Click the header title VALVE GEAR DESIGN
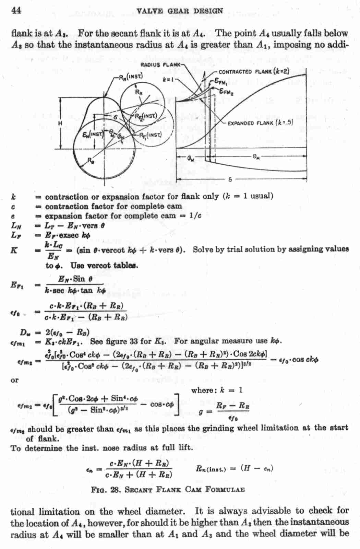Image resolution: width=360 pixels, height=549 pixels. [179, 11]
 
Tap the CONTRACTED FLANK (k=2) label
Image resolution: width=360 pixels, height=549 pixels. [254, 72]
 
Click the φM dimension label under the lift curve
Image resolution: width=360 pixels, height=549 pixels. [191, 158]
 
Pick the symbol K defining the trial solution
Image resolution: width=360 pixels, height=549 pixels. [14, 250]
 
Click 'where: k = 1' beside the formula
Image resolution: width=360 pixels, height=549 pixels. [217, 390]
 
